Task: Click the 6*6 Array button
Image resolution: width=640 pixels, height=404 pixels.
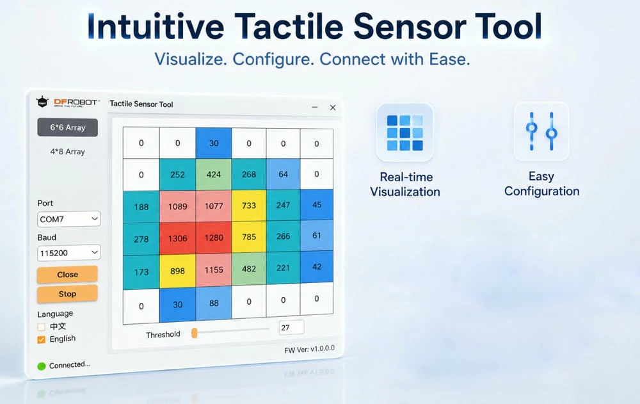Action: [67, 127]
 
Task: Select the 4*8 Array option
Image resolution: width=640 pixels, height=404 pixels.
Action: [67, 152]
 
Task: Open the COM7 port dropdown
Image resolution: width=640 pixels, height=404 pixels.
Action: [68, 219]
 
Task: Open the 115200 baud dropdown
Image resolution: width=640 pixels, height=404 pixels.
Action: [68, 253]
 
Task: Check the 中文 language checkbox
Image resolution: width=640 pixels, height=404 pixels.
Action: [41, 327]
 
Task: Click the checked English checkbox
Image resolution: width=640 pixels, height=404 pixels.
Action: [41, 339]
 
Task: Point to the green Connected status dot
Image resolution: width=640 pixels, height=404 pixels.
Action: [41, 366]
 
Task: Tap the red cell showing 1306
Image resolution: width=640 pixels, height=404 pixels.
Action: [177, 239]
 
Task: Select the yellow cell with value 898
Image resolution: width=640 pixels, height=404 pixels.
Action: [177, 271]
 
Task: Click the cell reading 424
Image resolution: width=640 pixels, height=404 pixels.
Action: [214, 174]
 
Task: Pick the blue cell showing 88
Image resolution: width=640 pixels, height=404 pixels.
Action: [214, 303]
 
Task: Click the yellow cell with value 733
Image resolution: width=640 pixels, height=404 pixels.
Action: [248, 206]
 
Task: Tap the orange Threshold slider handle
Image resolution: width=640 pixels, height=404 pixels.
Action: [195, 333]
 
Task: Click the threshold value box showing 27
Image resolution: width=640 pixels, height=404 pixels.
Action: [291, 328]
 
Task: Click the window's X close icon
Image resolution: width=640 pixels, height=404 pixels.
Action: [333, 108]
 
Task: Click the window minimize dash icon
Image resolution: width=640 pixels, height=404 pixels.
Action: [315, 107]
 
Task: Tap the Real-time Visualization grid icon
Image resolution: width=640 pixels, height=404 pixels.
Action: [405, 133]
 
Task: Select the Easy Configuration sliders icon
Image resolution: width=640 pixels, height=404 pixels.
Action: [541, 131]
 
